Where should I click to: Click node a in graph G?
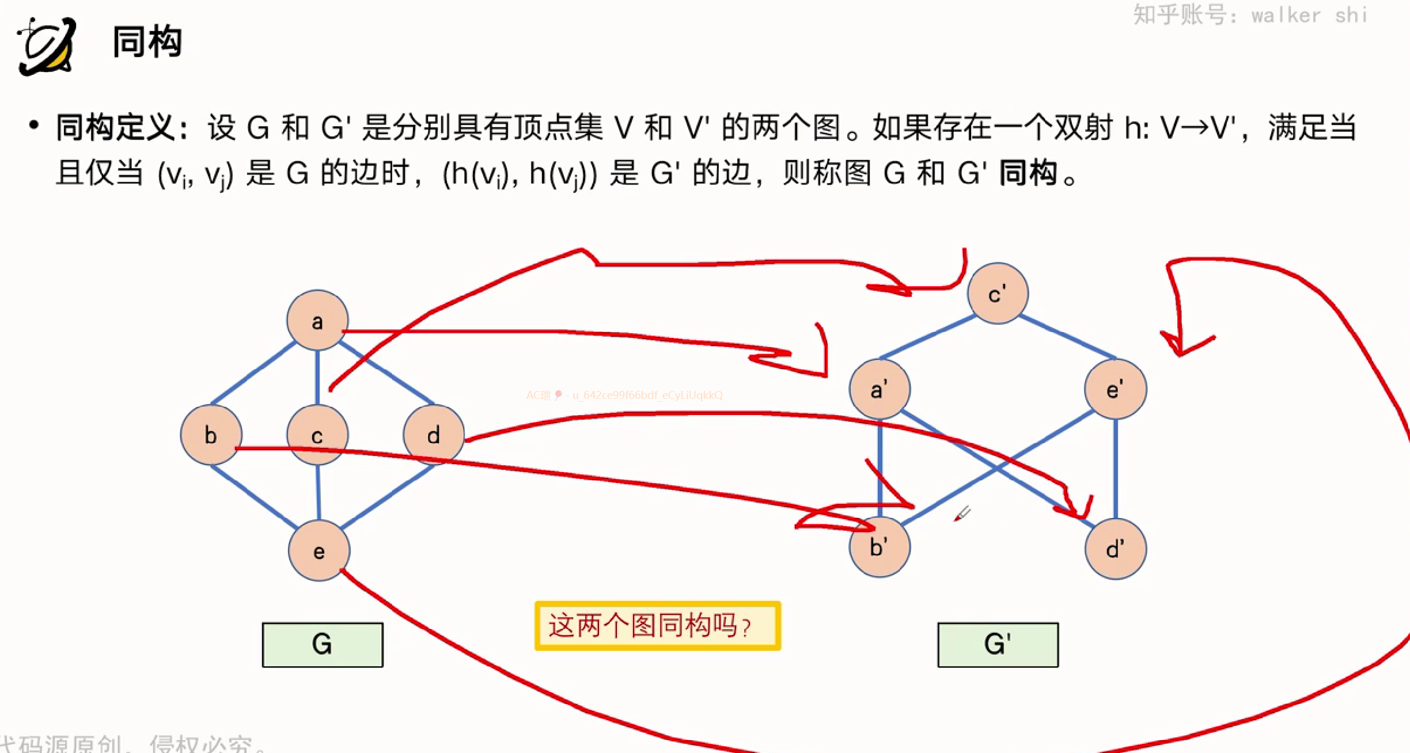(x=317, y=320)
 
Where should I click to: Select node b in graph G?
(x=211, y=435)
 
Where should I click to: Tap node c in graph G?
(x=317, y=435)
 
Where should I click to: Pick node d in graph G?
(x=433, y=435)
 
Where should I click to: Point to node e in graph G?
(x=319, y=550)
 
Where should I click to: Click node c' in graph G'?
(x=997, y=293)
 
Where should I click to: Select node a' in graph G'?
(x=879, y=389)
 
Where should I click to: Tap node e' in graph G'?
(x=1115, y=389)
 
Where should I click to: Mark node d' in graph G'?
(x=1115, y=549)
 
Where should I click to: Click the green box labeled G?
(x=322, y=644)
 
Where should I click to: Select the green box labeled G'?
(x=998, y=644)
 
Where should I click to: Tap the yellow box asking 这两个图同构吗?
(x=657, y=626)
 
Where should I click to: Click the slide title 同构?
(x=147, y=42)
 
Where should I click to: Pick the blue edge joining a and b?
(x=253, y=373)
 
